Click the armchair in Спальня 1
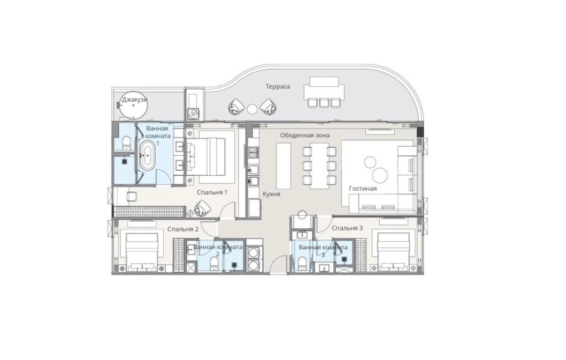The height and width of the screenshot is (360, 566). pyautogui.click(x=202, y=208)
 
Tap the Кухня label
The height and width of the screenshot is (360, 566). pyautogui.click(x=271, y=195)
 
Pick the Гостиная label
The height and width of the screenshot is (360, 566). pyautogui.click(x=363, y=189)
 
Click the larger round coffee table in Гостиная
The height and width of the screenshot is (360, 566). pyautogui.click(x=380, y=175)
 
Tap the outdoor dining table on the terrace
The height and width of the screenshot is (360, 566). pyautogui.click(x=324, y=87)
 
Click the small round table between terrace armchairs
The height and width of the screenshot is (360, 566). pyautogui.click(x=252, y=108)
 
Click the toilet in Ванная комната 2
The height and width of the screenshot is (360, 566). pyautogui.click(x=214, y=263)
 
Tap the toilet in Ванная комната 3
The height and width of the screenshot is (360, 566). pyautogui.click(x=302, y=263)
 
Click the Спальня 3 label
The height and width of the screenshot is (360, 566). pyautogui.click(x=347, y=228)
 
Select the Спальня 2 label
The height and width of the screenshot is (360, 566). pyautogui.click(x=183, y=228)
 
